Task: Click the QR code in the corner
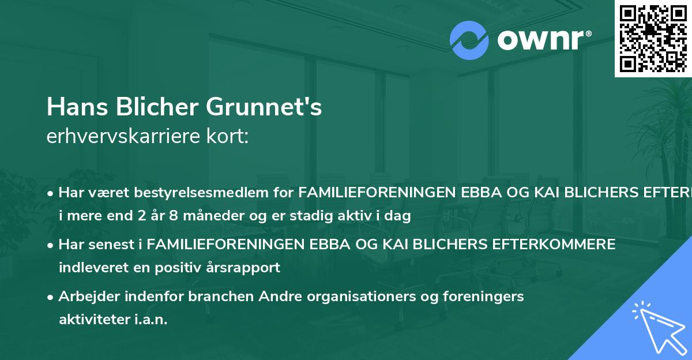pos(653,38)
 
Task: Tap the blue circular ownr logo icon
pos(469,40)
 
